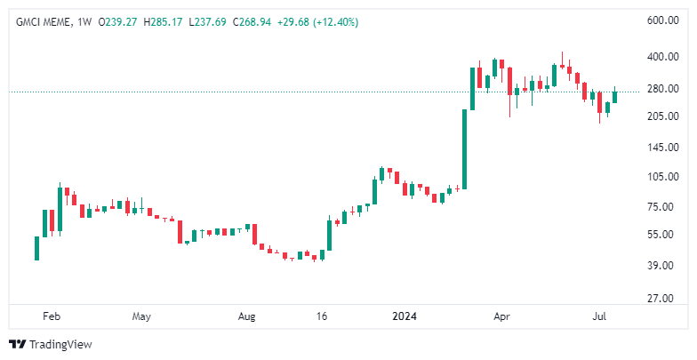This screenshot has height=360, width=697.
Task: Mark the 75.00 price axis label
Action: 662,207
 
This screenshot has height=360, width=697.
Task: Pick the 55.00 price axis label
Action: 662,235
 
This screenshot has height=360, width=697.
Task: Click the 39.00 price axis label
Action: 662,266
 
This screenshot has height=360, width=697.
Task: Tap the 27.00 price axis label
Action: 662,299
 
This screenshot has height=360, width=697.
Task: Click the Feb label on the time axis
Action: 52,316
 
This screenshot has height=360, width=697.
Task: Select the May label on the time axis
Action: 140,316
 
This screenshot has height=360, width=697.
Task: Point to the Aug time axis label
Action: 247,316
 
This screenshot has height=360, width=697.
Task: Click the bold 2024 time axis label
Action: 405,316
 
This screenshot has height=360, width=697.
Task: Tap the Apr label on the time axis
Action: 502,316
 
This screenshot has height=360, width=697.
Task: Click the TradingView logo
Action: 51,344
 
